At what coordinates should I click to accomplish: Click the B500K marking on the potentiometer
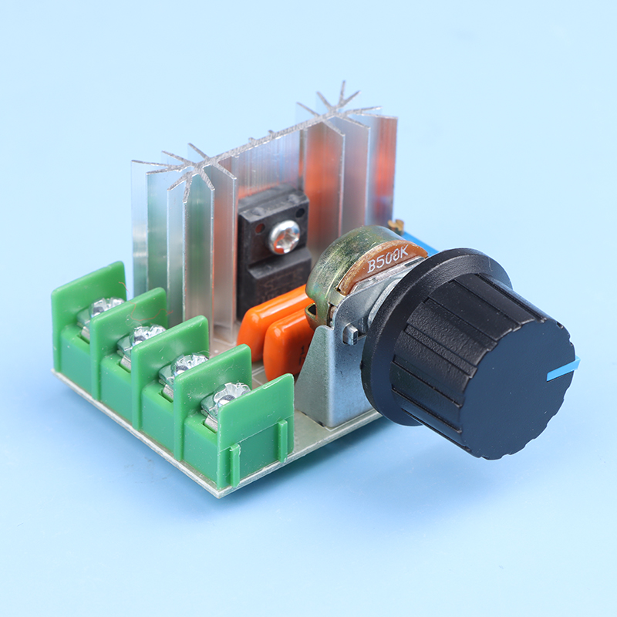click(x=388, y=259)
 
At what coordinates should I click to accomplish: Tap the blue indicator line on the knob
click(x=564, y=369)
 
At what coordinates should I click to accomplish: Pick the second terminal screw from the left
click(x=145, y=335)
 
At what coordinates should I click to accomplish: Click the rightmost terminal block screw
click(x=228, y=394)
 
